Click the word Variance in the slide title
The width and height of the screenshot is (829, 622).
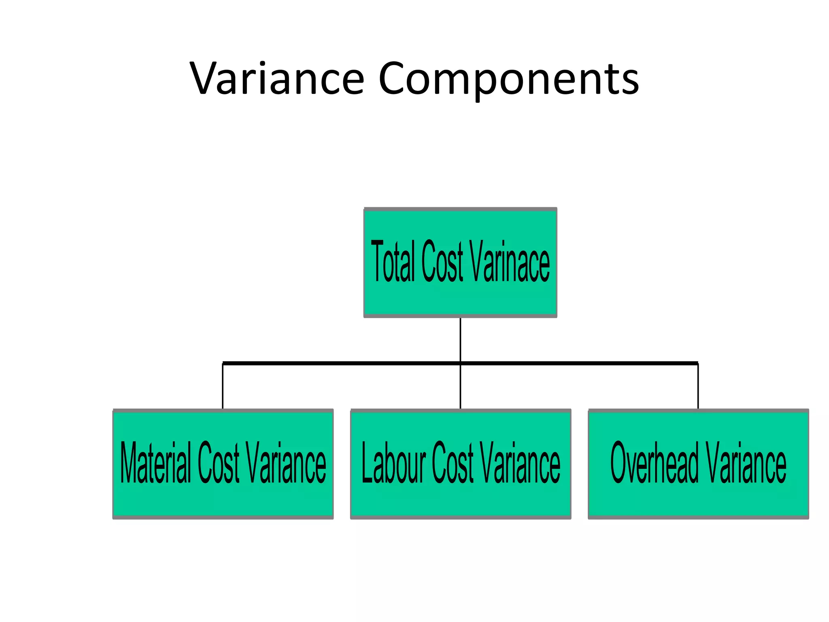point(277,79)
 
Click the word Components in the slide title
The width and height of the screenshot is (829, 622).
point(508,79)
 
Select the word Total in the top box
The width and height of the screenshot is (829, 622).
point(393,261)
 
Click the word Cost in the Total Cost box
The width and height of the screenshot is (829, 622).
point(442,261)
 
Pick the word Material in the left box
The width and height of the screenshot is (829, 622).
point(156,462)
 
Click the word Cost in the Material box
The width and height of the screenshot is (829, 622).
point(218,462)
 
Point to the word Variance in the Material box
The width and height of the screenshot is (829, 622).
point(286,462)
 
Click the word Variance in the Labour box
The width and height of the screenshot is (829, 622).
point(520,462)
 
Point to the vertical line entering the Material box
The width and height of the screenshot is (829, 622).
point(223,387)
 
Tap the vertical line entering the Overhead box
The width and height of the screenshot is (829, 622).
point(698,387)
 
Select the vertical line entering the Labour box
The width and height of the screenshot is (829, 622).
point(460,387)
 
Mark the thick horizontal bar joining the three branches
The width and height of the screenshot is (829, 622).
point(344,363)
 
